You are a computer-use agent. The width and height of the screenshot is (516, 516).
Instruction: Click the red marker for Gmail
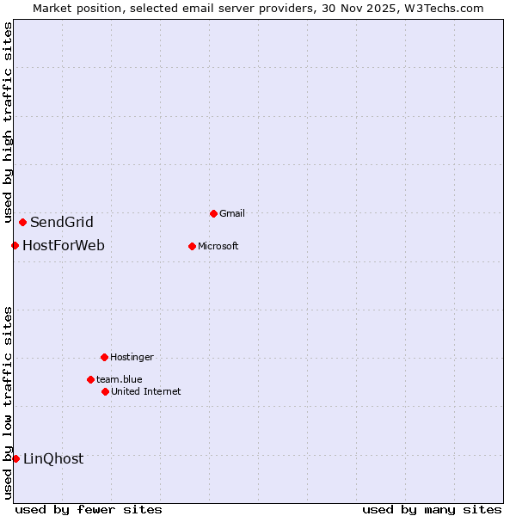click(x=213, y=213)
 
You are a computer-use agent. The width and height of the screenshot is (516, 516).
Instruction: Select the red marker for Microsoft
click(x=192, y=246)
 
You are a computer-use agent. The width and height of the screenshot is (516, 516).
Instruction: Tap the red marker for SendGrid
click(x=22, y=223)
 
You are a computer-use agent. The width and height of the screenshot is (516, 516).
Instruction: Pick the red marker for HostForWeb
click(x=15, y=246)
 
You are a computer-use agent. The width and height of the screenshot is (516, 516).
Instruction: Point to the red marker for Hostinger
click(x=104, y=357)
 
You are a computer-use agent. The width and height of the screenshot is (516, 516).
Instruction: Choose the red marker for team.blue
click(x=90, y=379)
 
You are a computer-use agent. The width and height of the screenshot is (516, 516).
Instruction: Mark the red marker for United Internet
click(x=105, y=391)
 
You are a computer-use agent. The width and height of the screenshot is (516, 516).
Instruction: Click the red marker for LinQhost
click(x=15, y=458)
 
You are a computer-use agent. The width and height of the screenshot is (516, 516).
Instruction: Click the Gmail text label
click(x=232, y=213)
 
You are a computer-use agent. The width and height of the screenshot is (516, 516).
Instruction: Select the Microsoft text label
click(x=218, y=246)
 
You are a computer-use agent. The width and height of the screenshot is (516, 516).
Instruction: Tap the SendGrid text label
click(x=62, y=223)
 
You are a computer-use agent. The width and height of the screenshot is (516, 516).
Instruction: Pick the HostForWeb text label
click(x=64, y=246)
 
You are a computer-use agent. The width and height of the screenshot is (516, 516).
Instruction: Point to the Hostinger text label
click(x=132, y=357)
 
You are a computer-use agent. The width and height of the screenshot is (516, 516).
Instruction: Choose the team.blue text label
click(x=120, y=379)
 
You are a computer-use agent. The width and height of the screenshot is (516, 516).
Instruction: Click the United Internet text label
click(x=146, y=391)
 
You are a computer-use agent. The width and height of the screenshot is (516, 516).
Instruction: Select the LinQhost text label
click(x=53, y=458)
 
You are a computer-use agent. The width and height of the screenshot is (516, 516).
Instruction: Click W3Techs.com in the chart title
click(x=444, y=9)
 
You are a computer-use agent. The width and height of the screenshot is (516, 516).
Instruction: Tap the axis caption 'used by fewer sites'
click(x=89, y=509)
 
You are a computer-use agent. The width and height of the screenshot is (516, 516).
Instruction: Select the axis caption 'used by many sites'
click(x=432, y=509)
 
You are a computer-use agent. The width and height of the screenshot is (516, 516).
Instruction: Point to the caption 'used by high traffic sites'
click(x=9, y=123)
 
